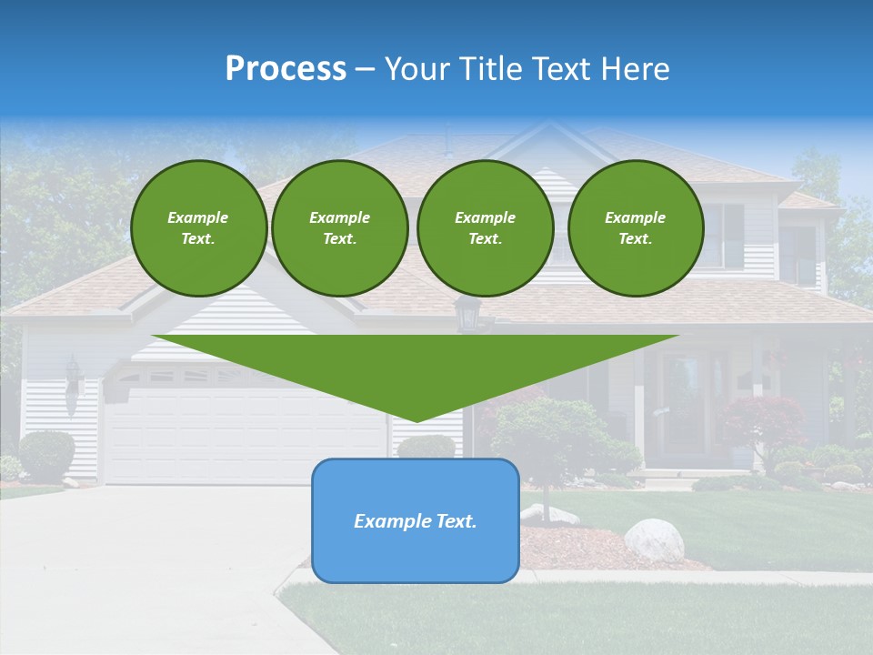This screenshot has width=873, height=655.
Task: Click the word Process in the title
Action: (x=286, y=69)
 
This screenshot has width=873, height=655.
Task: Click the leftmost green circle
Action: (x=198, y=228)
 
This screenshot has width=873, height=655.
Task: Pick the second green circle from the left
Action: (x=339, y=228)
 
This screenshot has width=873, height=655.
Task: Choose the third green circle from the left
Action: (x=485, y=228)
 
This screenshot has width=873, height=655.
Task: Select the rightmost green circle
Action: (x=635, y=228)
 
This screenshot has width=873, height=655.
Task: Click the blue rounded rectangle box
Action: (x=415, y=555)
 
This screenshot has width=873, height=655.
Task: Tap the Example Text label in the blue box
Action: (x=415, y=521)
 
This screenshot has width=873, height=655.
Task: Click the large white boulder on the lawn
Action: (x=654, y=539)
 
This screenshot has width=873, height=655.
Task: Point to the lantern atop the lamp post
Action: (x=467, y=313)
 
